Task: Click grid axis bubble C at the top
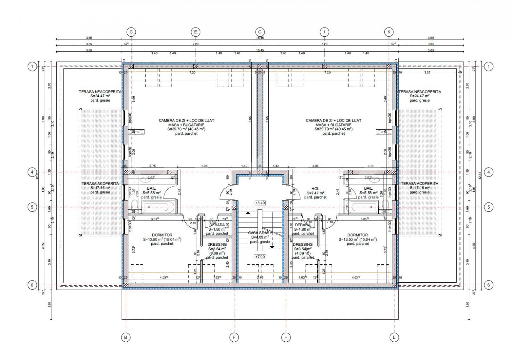point(131,32)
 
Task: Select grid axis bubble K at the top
point(389,32)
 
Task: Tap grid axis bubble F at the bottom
point(234,337)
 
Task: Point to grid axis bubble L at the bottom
point(394,337)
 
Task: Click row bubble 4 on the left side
point(32,172)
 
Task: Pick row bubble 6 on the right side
point(488,285)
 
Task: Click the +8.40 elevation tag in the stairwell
point(260,203)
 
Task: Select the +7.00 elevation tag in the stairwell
point(260,257)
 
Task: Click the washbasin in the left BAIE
point(151,180)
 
